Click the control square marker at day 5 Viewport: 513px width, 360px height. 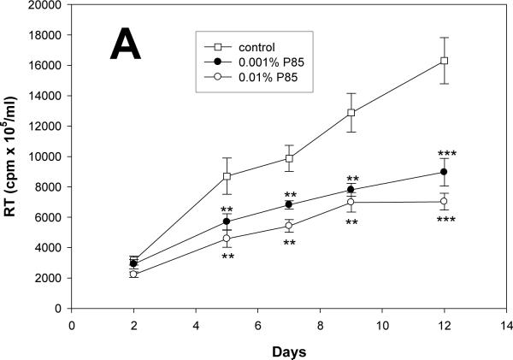(227, 176)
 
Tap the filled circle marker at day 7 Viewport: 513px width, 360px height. (289, 204)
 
